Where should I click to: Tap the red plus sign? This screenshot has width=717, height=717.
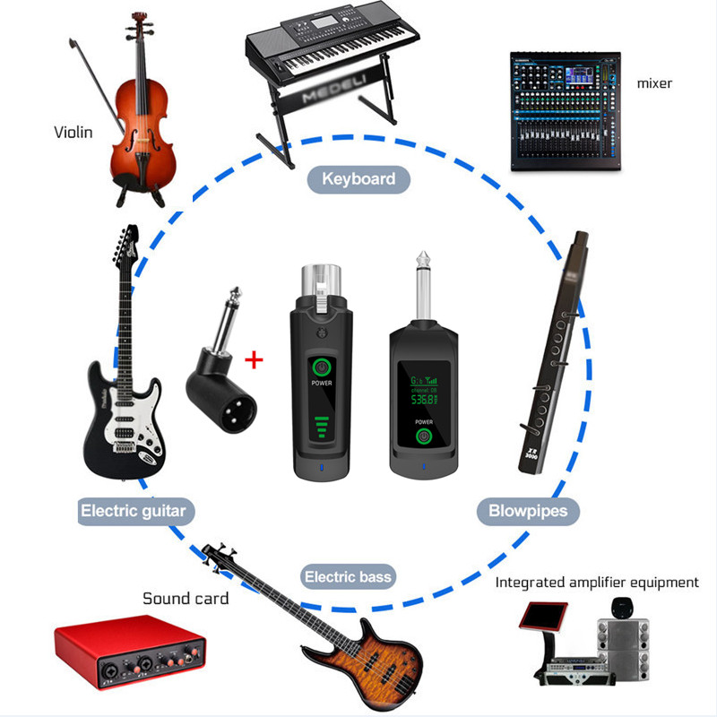click(255, 360)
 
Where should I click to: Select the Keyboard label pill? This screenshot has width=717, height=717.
click(358, 178)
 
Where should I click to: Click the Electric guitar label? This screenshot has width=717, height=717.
click(134, 512)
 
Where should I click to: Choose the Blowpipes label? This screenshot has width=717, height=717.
click(522, 512)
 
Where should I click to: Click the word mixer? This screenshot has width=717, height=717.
click(654, 83)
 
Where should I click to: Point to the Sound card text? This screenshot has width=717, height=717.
click(186, 598)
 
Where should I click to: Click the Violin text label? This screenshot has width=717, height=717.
click(73, 133)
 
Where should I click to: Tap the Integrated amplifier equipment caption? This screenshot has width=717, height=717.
click(597, 583)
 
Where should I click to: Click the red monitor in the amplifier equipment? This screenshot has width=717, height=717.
click(544, 618)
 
